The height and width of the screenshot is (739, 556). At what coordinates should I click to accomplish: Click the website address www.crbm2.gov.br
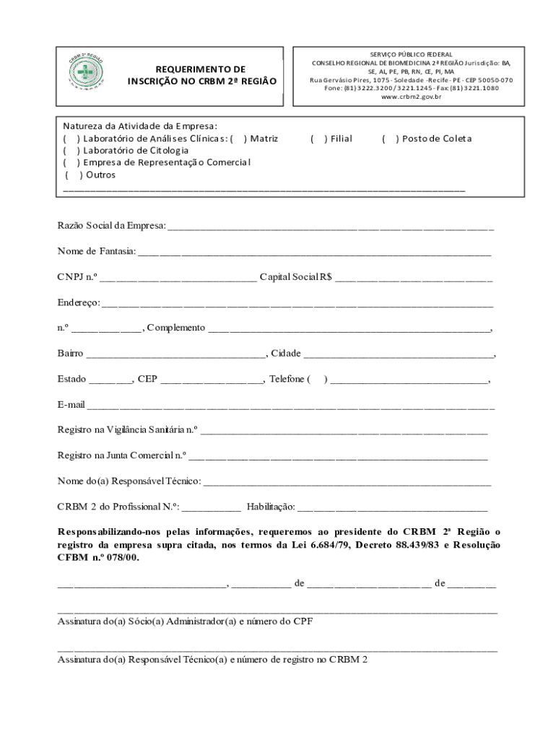click(411, 97)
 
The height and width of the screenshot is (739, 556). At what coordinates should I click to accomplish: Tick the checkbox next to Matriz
click(239, 139)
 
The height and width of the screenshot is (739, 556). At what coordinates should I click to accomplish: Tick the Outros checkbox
click(74, 175)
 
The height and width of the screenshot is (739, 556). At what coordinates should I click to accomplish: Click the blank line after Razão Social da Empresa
click(331, 227)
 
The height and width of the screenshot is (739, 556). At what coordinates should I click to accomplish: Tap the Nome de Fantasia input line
click(314, 253)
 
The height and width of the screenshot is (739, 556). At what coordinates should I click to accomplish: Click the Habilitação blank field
click(392, 509)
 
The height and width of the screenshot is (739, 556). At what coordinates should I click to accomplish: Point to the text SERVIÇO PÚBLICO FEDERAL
click(411, 54)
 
